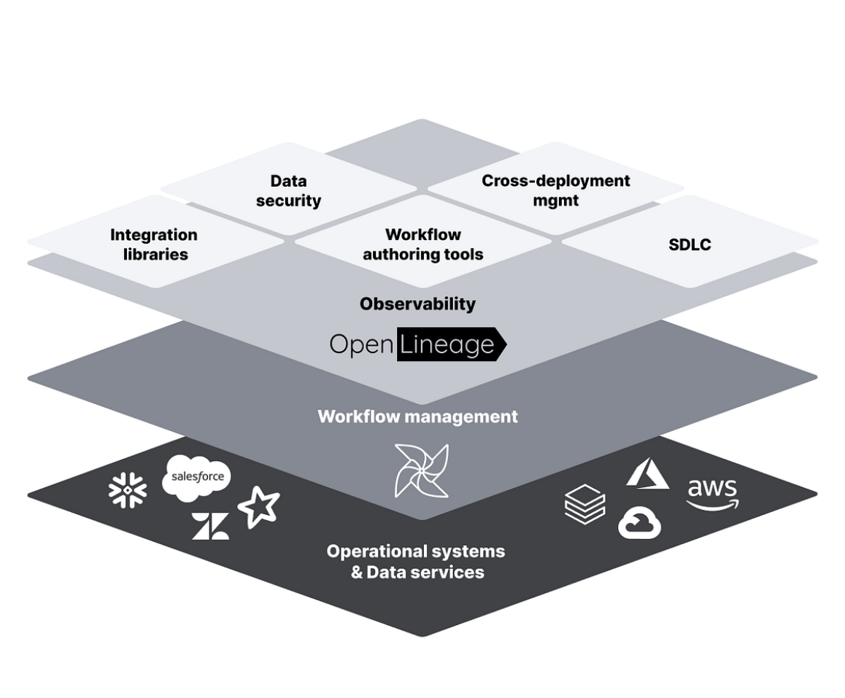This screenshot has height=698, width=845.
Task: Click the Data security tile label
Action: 288,190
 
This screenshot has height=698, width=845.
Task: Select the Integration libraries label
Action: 154,244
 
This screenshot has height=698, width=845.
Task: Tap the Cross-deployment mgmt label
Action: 555,190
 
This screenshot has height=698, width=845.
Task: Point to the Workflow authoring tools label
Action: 423,244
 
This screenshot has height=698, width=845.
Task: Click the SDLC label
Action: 690,244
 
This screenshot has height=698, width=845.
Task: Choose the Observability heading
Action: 417,303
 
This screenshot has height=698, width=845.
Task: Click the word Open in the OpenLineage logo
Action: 362,344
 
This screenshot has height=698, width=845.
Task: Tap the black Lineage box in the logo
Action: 449,344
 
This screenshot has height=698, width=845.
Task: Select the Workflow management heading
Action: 417,416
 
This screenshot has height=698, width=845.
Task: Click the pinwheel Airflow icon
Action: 421,470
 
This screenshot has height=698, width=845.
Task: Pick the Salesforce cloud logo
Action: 196,477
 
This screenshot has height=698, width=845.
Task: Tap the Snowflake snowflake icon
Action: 128,490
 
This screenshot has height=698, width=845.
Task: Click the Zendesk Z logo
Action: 210,526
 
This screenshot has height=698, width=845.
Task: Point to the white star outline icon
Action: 258,508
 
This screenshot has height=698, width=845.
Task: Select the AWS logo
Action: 712,494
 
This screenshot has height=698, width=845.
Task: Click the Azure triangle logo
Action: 647,473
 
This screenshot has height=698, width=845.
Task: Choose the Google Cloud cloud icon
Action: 639,524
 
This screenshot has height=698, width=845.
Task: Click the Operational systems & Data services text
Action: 416,561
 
